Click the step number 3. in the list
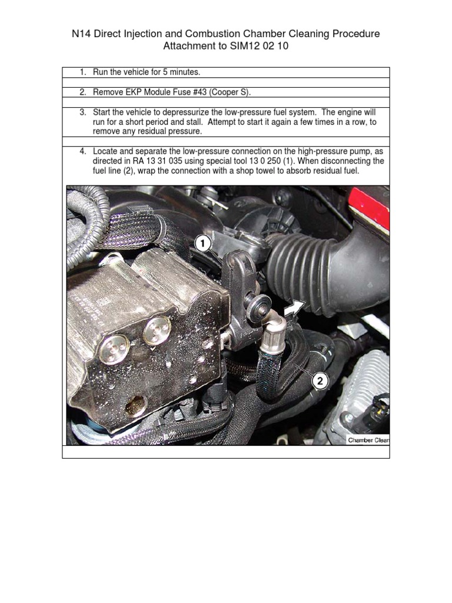[83, 112]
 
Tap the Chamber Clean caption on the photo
[368, 440]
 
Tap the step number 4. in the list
[83, 151]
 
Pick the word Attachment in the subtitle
[188, 47]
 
